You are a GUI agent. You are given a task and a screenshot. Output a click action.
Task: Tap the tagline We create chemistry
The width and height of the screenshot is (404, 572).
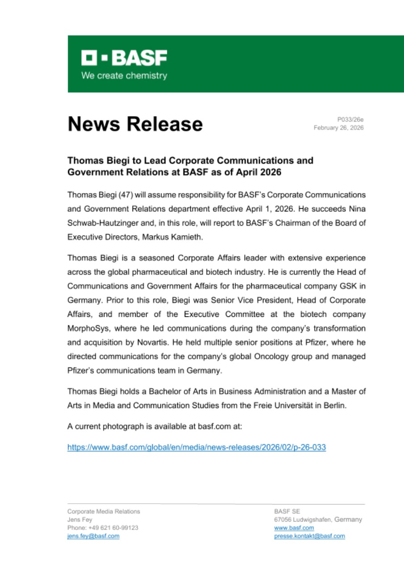click(124, 76)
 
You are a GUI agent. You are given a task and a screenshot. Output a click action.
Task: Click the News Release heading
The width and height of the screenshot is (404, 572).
click(135, 124)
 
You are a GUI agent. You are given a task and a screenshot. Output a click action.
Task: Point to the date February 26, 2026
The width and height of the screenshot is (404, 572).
click(338, 128)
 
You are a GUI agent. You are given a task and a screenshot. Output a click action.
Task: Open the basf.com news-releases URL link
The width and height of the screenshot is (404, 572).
click(196, 447)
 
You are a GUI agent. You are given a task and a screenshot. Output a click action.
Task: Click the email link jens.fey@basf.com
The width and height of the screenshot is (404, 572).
click(93, 536)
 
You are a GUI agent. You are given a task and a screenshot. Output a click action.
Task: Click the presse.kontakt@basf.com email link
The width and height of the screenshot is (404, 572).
click(309, 536)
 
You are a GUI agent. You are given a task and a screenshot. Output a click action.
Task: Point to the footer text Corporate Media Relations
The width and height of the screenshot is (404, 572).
click(104, 511)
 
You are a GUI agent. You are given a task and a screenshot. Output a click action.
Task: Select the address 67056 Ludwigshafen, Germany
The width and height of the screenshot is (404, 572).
click(318, 520)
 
